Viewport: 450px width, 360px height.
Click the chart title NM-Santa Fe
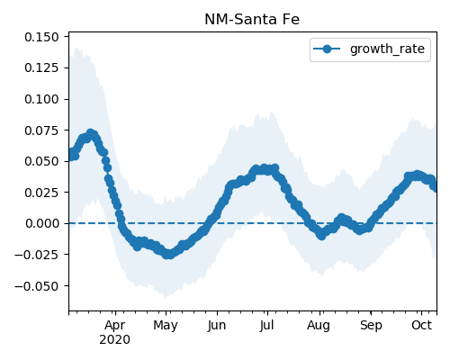252,20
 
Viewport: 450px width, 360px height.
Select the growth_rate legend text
387,49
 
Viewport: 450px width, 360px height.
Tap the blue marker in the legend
327,49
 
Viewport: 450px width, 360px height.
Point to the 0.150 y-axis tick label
41,37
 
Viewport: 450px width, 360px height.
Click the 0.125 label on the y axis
41,68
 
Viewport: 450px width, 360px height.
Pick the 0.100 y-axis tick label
41,99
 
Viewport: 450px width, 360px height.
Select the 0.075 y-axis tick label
41,130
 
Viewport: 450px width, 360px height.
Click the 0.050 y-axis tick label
41,161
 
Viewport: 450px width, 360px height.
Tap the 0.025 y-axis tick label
41,193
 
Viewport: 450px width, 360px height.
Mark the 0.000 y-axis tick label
41,223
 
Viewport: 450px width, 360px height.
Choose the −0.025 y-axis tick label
37,255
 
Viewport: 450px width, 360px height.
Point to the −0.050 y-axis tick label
37,286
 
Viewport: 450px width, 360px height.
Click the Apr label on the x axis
115,326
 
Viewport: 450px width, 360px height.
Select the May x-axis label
166,326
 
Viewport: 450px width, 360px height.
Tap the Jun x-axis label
216,326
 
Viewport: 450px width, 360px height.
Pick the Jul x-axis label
266,325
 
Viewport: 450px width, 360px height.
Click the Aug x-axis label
319,326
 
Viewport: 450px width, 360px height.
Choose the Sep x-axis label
371,326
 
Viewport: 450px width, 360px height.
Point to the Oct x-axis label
421,325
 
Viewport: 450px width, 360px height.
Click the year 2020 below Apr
115,340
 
